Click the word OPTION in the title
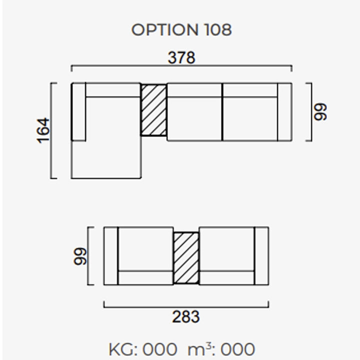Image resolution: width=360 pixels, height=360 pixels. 164,30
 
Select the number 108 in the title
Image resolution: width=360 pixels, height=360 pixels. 218,30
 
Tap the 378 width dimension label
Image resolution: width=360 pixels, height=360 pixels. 181,57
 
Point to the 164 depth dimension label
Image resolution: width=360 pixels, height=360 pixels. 43,130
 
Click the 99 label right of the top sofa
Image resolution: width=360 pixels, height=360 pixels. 320,112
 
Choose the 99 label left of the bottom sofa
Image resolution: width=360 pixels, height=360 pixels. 80,256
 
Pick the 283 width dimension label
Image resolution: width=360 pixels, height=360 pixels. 185,317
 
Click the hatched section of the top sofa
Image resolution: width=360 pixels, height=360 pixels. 153,110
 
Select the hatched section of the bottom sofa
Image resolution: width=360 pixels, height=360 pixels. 186,258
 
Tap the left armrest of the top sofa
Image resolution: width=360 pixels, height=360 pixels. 78,112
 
